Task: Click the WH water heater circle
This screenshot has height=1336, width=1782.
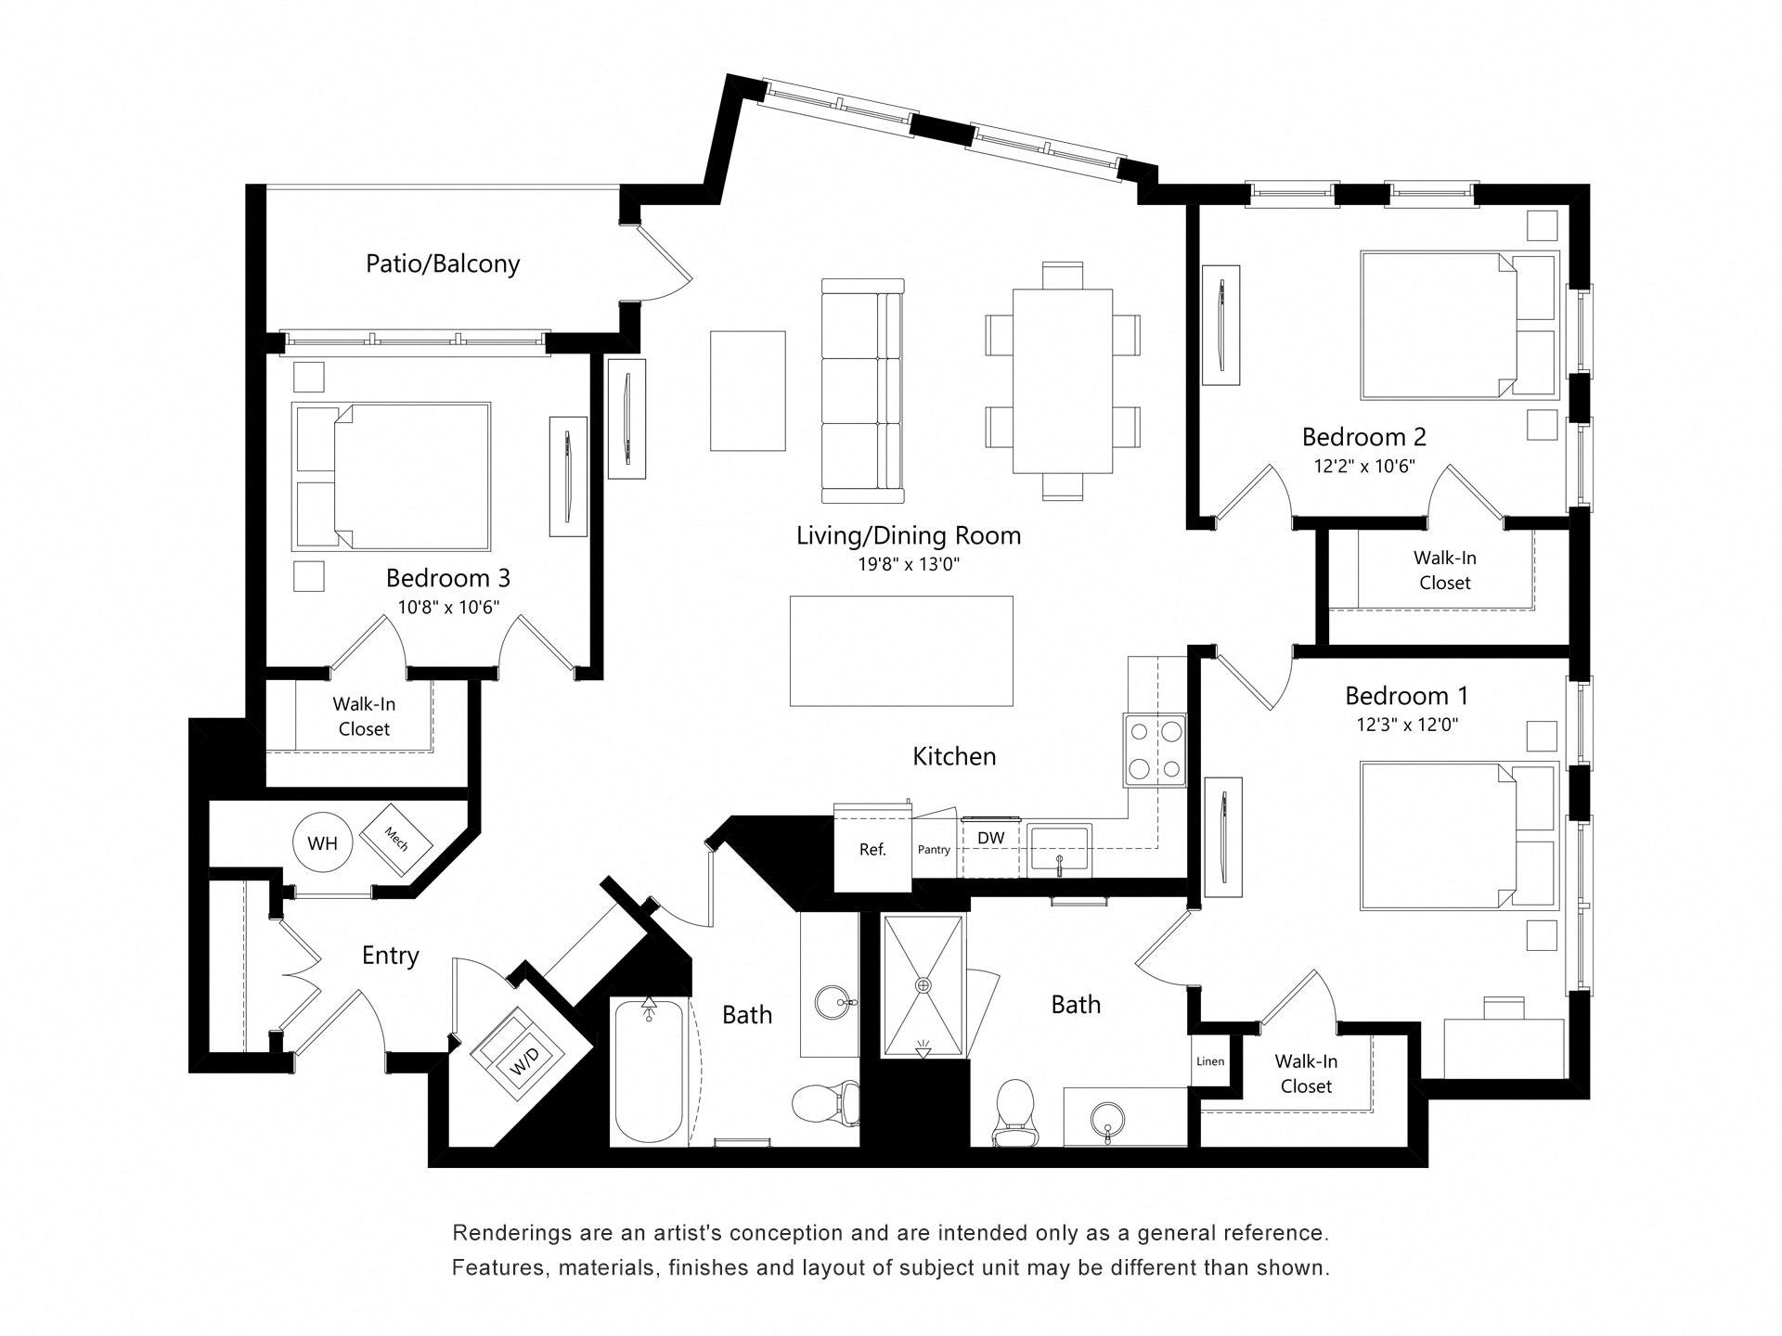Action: click(x=322, y=843)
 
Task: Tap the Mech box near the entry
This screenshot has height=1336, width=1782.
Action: click(x=397, y=839)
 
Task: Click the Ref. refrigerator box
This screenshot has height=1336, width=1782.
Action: click(x=872, y=849)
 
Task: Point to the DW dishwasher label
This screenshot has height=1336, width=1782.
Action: click(x=990, y=838)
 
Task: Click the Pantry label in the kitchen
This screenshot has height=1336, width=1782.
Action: click(x=934, y=849)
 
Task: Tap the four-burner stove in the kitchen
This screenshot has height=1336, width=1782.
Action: click(x=1155, y=750)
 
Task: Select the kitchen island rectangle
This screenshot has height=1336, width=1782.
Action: click(x=901, y=651)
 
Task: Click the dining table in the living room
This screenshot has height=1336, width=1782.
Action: click(x=1063, y=381)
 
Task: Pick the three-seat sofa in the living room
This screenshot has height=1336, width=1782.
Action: click(x=862, y=384)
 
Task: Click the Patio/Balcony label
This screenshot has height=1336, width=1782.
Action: click(x=443, y=263)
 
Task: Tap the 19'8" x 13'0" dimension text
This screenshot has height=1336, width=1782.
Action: click(x=909, y=564)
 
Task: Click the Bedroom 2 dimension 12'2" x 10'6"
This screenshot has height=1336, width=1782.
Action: click(x=1363, y=466)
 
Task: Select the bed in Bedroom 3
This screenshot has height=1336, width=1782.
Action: click(x=392, y=476)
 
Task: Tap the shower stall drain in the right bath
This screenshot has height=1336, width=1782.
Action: click(x=923, y=984)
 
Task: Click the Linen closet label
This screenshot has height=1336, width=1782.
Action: click(x=1209, y=1061)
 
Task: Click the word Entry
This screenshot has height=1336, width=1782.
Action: click(x=390, y=955)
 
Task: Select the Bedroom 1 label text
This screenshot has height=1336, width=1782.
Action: click(x=1406, y=695)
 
